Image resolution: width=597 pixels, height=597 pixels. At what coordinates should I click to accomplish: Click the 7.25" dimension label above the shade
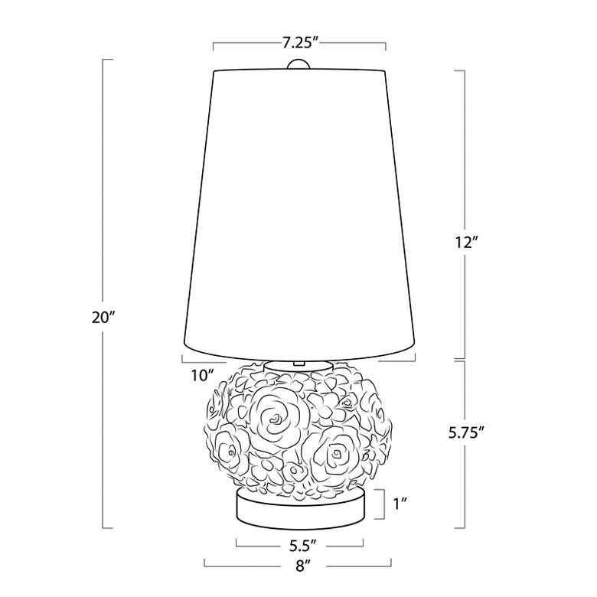click(x=300, y=43)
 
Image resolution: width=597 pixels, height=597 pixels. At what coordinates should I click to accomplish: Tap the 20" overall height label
click(x=103, y=317)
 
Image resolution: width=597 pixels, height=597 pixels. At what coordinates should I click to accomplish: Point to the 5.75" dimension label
click(x=466, y=433)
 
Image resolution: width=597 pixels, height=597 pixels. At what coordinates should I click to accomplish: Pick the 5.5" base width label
click(x=300, y=545)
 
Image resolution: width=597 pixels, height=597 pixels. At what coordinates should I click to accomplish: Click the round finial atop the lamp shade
click(x=298, y=65)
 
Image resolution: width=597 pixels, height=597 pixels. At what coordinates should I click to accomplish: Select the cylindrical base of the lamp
click(x=300, y=510)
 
